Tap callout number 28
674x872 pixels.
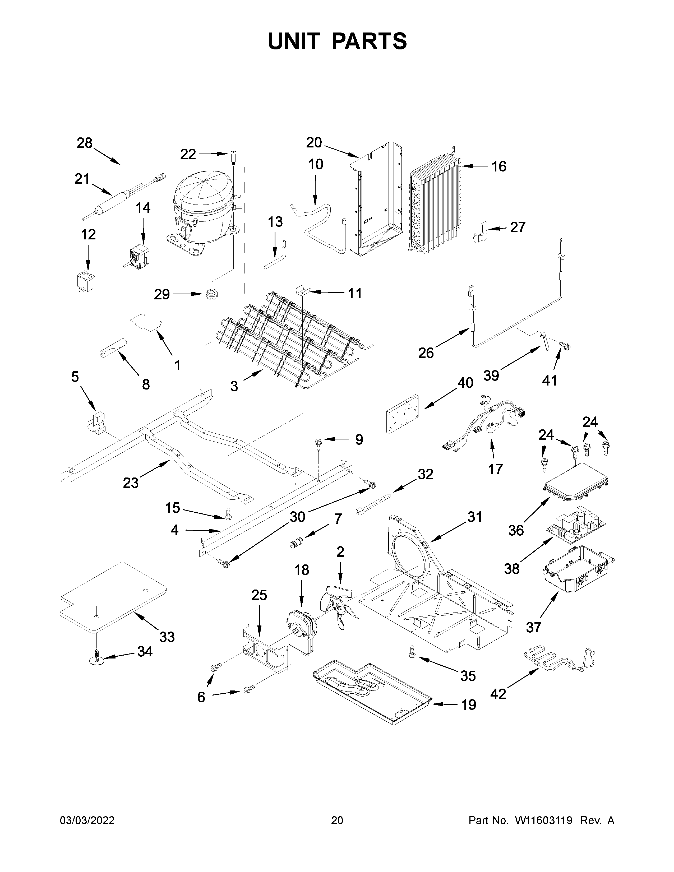85,143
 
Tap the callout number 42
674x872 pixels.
498,694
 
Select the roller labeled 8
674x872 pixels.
113,347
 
